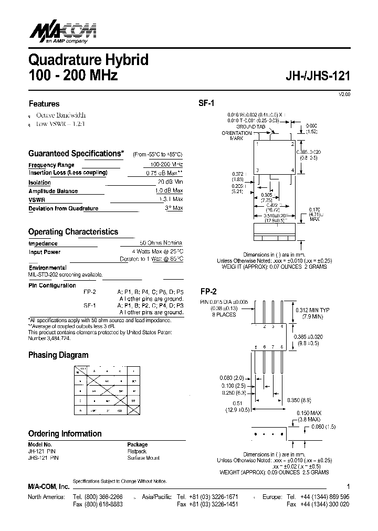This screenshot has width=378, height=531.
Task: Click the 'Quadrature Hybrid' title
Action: click(88, 60)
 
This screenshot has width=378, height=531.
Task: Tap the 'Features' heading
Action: click(44, 104)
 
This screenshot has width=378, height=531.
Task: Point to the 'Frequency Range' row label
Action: click(51, 165)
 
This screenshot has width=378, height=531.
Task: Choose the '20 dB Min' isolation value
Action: click(170, 182)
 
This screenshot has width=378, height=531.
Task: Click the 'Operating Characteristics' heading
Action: click(73, 231)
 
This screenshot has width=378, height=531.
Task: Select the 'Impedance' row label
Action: click(43, 243)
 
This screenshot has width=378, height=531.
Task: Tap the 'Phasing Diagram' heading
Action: click(58, 355)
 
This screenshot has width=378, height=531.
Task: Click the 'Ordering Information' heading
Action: click(65, 433)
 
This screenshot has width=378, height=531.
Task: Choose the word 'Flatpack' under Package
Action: click(137, 451)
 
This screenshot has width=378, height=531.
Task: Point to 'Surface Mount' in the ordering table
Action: click(144, 458)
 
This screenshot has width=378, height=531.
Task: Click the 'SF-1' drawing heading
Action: click(206, 104)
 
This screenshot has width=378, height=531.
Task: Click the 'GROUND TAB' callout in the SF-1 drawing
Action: click(250, 127)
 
